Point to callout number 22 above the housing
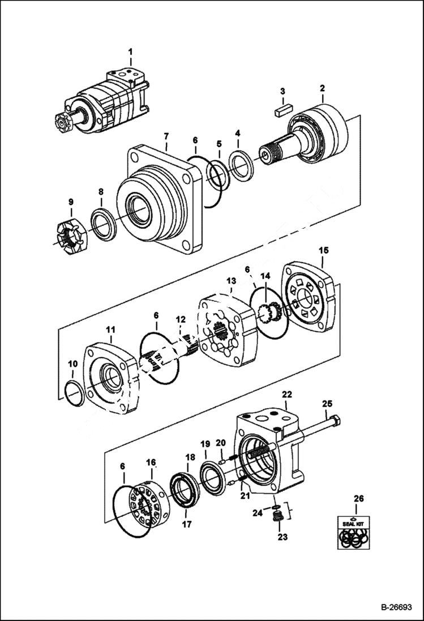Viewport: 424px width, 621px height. coord(287,394)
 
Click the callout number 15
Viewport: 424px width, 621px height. coord(323,250)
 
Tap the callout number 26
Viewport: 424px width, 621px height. coord(359,499)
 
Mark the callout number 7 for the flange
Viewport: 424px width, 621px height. coord(166,136)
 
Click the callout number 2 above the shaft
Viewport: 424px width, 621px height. coord(322,88)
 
